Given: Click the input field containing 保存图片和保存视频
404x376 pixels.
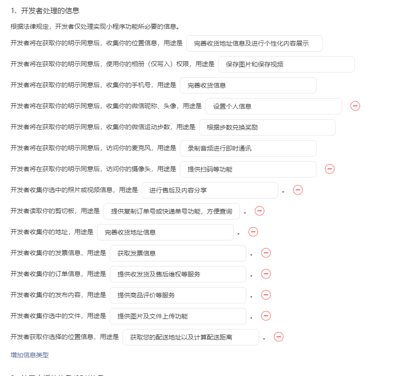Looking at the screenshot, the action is click(286, 64).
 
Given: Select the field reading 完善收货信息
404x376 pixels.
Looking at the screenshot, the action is click(248, 85).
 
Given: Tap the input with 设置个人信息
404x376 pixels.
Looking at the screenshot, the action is click(273, 106).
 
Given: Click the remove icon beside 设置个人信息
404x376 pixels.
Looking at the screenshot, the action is click(355, 106).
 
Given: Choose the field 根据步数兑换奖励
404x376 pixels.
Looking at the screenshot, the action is click(267, 127).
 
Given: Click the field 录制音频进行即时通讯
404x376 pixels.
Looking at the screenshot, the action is click(248, 148).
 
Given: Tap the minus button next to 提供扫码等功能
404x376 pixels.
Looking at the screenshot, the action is click(330, 169).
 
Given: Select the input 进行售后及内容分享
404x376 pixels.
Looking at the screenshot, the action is click(210, 190).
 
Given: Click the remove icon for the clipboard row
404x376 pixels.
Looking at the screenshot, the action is click(260, 211).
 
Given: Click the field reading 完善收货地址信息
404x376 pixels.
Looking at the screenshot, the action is click(165, 232).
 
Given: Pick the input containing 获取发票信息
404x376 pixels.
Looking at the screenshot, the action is click(178, 253).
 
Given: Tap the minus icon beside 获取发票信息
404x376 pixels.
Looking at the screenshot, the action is click(266, 253).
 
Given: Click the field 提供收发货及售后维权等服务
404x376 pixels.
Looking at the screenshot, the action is click(178, 274).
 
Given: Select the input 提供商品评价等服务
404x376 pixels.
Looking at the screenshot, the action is click(178, 295).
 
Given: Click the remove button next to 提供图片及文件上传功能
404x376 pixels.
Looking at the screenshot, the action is click(266, 316).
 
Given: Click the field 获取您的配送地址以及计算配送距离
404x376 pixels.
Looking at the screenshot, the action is click(190, 337).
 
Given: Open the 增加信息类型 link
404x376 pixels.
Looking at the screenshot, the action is click(30, 355).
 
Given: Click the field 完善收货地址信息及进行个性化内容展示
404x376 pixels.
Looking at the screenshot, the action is click(254, 43).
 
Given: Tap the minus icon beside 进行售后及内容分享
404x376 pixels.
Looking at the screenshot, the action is click(298, 190).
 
